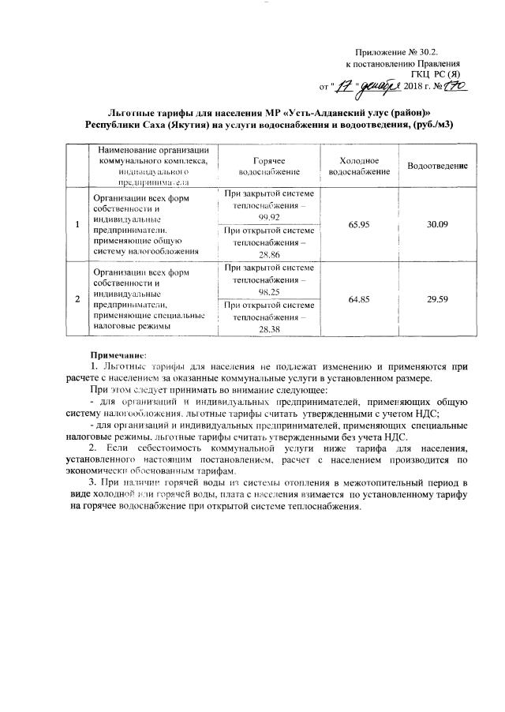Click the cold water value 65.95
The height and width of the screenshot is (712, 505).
[x=359, y=225]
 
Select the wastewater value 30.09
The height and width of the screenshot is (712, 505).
[x=437, y=225]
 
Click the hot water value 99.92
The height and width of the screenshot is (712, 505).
[x=269, y=216]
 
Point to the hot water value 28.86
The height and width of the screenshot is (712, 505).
[x=269, y=255]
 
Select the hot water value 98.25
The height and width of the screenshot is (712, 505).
[x=269, y=290]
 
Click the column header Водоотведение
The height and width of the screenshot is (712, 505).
[x=437, y=165]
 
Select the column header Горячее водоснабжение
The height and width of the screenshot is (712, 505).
[x=269, y=165]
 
